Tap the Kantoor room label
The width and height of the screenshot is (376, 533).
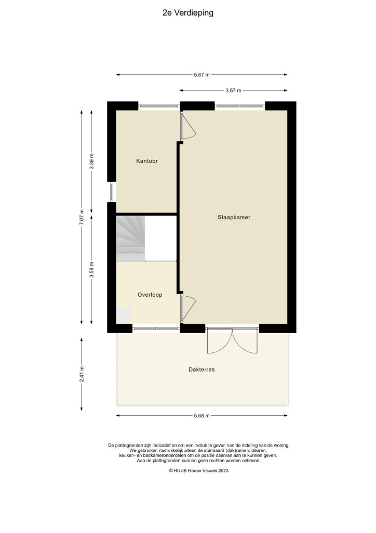(x=146, y=161)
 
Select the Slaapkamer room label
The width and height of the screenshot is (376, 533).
(x=234, y=218)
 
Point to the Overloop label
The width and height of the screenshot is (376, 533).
(x=150, y=295)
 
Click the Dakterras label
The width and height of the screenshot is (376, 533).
(x=202, y=370)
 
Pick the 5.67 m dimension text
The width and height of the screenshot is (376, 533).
(x=202, y=75)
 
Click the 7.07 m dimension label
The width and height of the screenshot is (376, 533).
(x=81, y=217)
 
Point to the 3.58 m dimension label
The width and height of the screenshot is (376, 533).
(x=92, y=270)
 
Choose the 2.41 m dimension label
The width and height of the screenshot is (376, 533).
(x=82, y=374)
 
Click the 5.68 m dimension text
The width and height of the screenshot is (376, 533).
(x=202, y=416)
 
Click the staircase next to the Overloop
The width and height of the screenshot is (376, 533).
(x=130, y=238)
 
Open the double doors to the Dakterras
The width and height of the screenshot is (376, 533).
(x=232, y=341)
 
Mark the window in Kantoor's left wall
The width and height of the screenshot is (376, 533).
(x=111, y=192)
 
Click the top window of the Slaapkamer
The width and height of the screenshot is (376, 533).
(x=239, y=107)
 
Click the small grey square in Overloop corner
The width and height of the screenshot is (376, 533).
(x=124, y=316)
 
